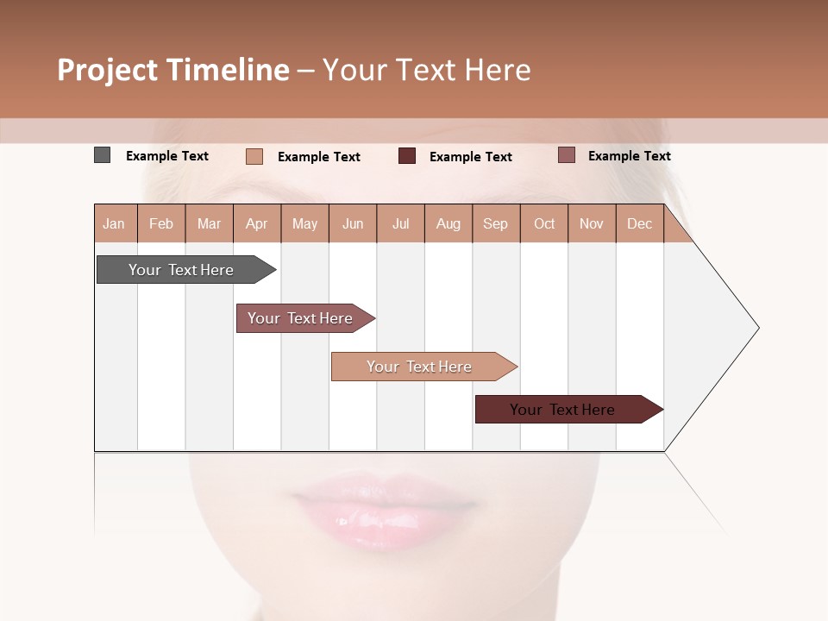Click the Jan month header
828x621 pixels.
115,223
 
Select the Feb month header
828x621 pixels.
161,223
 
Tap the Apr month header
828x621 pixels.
257,223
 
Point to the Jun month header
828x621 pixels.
353,223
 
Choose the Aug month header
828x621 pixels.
448,223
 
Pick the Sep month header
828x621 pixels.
496,223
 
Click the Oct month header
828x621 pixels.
544,223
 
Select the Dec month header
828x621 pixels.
640,223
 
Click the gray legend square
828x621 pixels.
102,155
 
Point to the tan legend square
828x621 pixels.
254,156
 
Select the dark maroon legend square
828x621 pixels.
406,156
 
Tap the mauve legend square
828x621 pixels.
566,155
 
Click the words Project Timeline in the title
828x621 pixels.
173,70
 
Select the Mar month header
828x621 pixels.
210,223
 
